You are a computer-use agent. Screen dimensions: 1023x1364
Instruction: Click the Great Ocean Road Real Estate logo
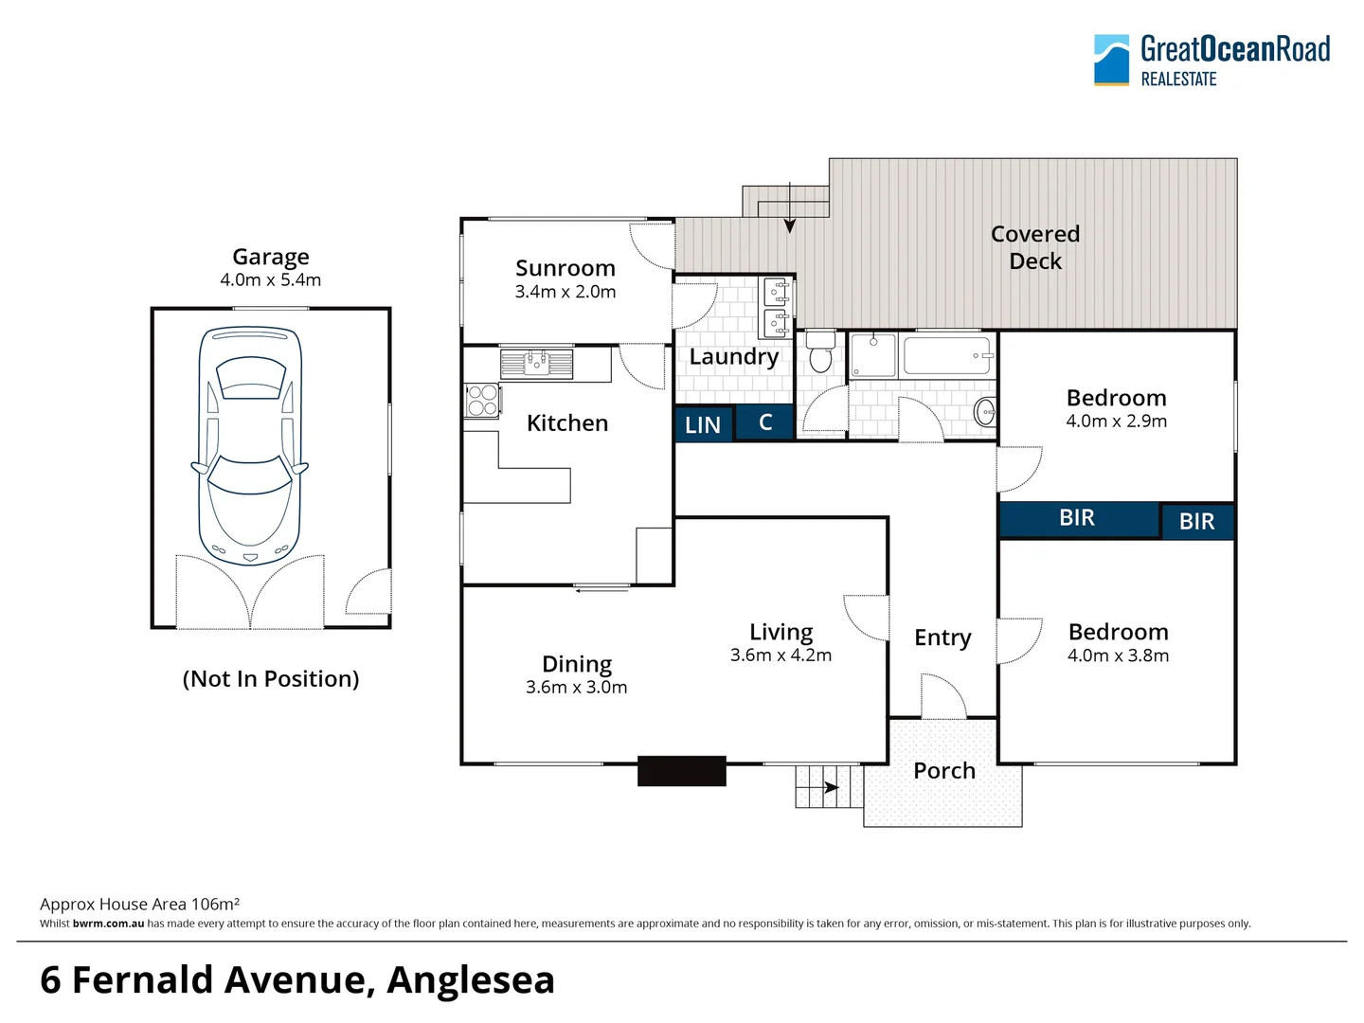tap(1211, 61)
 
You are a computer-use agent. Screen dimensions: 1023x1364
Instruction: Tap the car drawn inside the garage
tap(251, 446)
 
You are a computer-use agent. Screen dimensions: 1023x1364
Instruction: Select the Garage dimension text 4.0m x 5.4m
tap(271, 280)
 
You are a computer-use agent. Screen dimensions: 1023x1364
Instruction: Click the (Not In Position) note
tap(271, 679)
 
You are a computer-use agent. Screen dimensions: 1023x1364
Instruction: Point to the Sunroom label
tap(565, 269)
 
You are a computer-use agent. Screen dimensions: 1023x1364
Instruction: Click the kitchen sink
tap(536, 364)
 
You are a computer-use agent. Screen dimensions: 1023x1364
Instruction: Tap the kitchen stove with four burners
tap(482, 400)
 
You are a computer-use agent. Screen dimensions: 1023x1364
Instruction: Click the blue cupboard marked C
tap(764, 422)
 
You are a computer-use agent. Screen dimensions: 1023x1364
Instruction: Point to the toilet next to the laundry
tap(820, 352)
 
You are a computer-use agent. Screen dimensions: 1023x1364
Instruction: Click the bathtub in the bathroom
tap(947, 357)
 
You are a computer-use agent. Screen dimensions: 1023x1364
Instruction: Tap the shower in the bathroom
tap(873, 356)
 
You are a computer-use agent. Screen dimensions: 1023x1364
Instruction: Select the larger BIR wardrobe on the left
tap(1078, 518)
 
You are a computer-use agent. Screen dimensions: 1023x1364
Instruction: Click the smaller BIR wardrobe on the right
tap(1197, 521)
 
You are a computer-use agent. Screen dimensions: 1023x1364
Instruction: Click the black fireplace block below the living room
tap(681, 771)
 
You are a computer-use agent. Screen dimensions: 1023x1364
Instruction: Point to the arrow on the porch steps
tap(831, 787)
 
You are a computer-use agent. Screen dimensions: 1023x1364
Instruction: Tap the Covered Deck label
tap(1035, 247)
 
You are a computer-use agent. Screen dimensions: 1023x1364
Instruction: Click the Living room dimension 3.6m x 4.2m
tap(781, 655)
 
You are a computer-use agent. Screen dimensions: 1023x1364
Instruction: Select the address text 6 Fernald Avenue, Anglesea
tap(297, 980)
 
